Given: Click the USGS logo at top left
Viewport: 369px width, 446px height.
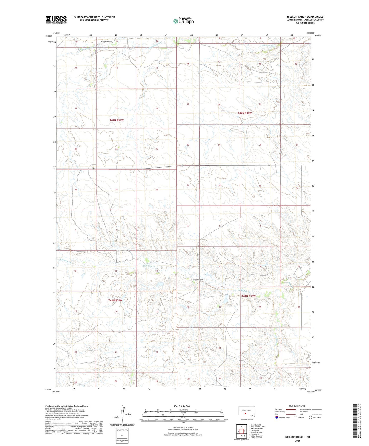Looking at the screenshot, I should coord(56,20).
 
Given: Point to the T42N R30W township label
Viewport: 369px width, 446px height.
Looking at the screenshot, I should coord(245,113).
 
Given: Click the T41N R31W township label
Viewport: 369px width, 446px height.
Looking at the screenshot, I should coord(115,300).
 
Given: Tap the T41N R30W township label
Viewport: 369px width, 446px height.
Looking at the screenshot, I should coord(248,296).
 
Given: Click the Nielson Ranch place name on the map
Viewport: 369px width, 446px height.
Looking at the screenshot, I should coord(198,280).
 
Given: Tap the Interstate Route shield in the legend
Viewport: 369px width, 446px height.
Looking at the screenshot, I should coord(277,417).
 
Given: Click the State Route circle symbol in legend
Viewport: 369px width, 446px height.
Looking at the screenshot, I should coord(311,417).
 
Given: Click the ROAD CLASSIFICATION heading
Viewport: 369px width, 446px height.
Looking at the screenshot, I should coord(297,406).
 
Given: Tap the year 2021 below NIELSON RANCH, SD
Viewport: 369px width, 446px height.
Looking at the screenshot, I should coord(297,441).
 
